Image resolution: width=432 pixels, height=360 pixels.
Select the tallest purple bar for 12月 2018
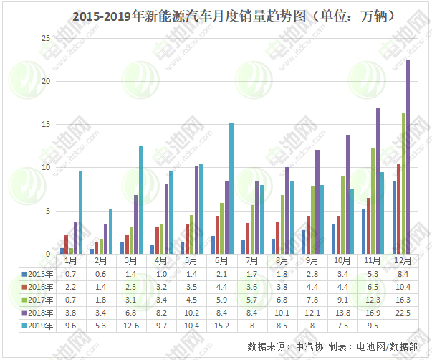click(408, 157)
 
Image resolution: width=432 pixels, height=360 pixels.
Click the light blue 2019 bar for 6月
click(231, 188)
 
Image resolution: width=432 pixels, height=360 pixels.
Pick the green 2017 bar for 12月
click(403, 184)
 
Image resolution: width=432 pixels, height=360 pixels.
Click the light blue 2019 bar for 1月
click(80, 212)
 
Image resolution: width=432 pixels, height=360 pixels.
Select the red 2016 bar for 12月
click(399, 209)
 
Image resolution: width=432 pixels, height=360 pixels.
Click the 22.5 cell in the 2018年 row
click(403, 313)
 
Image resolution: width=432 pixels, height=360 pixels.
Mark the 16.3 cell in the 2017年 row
click(403, 300)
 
